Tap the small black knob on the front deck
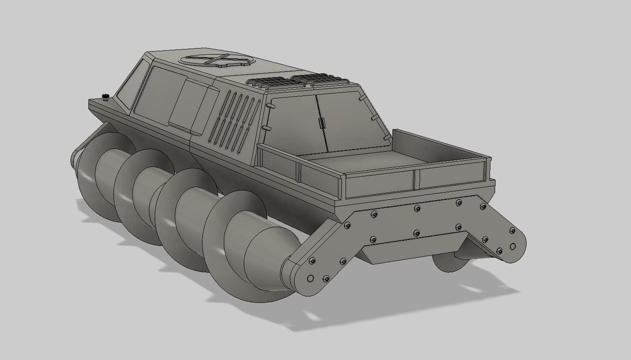(105, 96)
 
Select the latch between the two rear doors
(321, 123)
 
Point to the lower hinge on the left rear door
(266, 129)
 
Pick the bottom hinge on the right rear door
(386, 136)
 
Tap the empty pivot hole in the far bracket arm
(513, 247)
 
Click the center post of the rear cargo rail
(416, 180)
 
